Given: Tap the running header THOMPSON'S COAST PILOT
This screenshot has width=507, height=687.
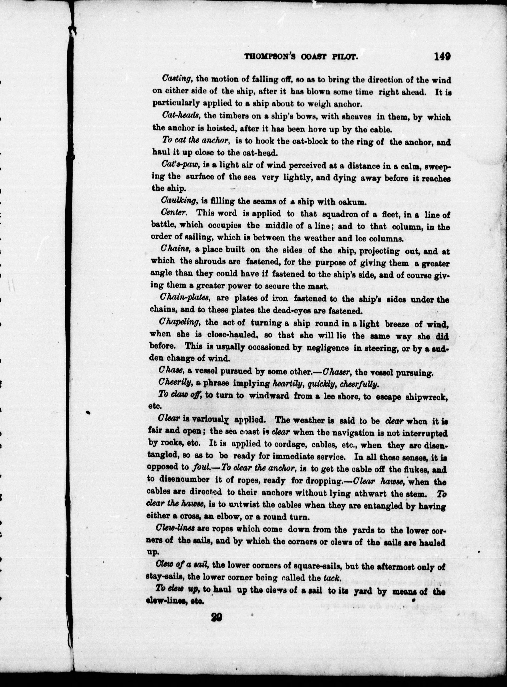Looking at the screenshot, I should (301, 57).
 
